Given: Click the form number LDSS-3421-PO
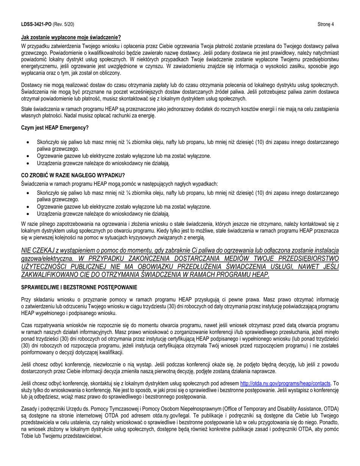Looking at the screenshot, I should [x=36, y=24].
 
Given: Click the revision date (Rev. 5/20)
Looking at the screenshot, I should [x=63, y=24].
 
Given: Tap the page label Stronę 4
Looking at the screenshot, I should [x=326, y=24].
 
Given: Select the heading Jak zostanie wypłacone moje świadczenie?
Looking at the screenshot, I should [x=71, y=37].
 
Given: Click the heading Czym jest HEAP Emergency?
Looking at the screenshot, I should [x=55, y=128].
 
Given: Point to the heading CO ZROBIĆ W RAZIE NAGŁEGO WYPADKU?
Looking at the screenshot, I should [x=73, y=175].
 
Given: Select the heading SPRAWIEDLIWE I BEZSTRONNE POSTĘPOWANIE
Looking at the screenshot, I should [x=79, y=287].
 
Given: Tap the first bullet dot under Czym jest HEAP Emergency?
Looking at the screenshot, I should [x=28, y=142].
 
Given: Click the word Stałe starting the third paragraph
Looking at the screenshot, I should [x=27, y=109].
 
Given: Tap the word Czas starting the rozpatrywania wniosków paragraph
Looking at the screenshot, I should [x=27, y=325].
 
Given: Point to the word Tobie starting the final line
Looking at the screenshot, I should [x=27, y=436].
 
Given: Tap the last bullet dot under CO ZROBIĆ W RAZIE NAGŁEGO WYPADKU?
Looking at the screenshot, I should [x=28, y=214].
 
